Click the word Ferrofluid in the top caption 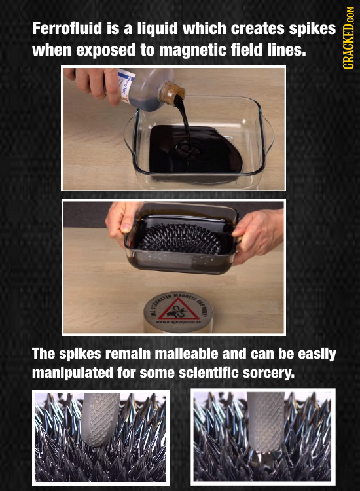click(62, 29)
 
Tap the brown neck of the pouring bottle click(171, 96)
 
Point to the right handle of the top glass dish click(266, 134)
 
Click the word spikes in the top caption click(310, 29)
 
